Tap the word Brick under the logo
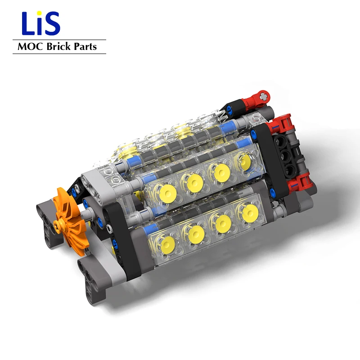coord(57,47)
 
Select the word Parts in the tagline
coord(85,47)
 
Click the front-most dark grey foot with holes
coord(92,281)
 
